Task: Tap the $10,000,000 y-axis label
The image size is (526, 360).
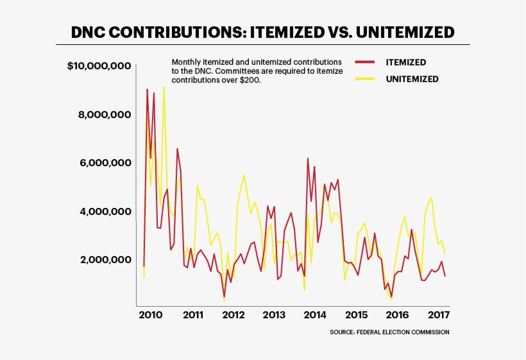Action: [x=99, y=66]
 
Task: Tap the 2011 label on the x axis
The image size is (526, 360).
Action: [x=192, y=315]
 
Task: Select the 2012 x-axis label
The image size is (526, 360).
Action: [x=233, y=315]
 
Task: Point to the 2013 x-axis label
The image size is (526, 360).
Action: [x=274, y=315]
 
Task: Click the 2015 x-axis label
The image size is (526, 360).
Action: [x=356, y=315]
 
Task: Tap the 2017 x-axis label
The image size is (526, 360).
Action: [x=438, y=315]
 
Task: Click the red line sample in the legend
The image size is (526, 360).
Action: [x=364, y=63]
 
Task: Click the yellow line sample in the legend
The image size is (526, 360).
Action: [x=364, y=80]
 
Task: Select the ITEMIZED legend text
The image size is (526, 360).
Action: [x=405, y=63]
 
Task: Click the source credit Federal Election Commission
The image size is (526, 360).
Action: [x=389, y=332]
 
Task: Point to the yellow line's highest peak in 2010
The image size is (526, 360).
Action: [x=164, y=86]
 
